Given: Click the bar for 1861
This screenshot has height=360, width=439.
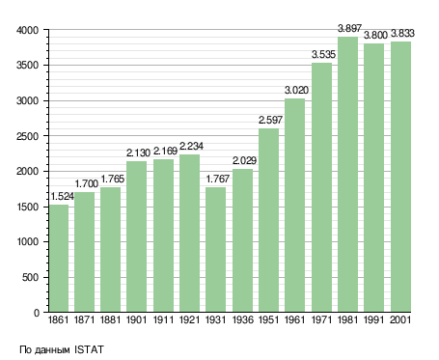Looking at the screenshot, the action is [x=59, y=259].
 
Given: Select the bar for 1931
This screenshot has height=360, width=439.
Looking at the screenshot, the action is [x=215, y=250].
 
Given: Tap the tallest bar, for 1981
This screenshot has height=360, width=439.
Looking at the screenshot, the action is [x=347, y=175].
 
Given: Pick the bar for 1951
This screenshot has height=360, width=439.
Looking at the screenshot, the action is [x=268, y=220].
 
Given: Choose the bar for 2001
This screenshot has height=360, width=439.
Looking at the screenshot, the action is [x=400, y=177].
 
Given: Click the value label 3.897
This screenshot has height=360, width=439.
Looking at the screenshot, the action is [x=349, y=28].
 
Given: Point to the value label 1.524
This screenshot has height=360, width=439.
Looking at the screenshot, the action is [x=63, y=196].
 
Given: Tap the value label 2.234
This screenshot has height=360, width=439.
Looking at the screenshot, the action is [x=191, y=146].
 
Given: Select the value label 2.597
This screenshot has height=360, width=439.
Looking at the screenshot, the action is [x=270, y=120].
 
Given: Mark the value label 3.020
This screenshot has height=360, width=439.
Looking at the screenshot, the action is [x=296, y=90].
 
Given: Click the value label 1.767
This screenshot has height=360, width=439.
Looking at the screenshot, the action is [x=218, y=179].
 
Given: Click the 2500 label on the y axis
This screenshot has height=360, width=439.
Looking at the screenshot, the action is [x=27, y=136].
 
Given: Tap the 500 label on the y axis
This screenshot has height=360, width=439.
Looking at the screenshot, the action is [x=30, y=277].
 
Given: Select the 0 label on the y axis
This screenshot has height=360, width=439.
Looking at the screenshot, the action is [x=37, y=313].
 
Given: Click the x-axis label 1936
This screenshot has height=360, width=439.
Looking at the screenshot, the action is [x=242, y=319].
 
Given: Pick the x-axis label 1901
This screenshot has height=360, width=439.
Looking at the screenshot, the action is [x=136, y=319].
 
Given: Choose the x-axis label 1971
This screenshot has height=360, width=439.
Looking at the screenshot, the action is [x=321, y=319].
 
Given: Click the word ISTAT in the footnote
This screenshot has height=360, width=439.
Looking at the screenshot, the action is [x=89, y=349].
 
